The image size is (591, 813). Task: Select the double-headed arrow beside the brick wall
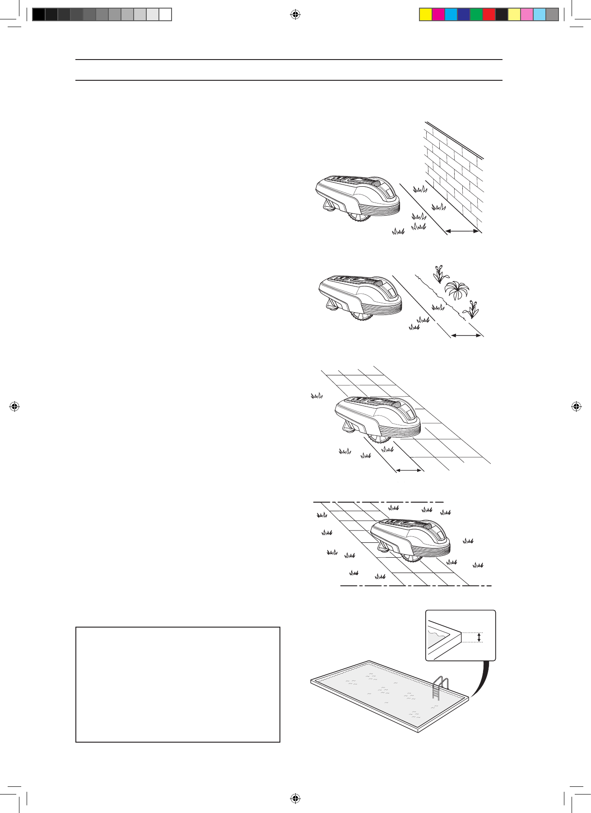tap(462, 231)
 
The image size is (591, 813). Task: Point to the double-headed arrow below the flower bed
tap(466, 335)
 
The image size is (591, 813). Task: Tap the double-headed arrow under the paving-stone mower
tap(409, 471)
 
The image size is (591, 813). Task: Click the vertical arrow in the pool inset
tap(479, 637)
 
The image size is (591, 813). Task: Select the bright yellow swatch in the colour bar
tap(426, 15)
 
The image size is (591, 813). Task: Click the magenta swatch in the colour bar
tap(438, 15)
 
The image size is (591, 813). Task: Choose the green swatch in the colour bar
tap(476, 15)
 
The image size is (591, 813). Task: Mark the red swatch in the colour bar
tap(489, 15)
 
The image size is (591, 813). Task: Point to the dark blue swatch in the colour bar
tap(464, 15)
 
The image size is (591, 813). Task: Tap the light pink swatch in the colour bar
tap(527, 15)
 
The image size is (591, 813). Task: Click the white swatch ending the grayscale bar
tap(166, 15)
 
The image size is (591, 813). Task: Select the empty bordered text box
tap(178, 684)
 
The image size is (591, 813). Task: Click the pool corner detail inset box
tap(461, 635)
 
